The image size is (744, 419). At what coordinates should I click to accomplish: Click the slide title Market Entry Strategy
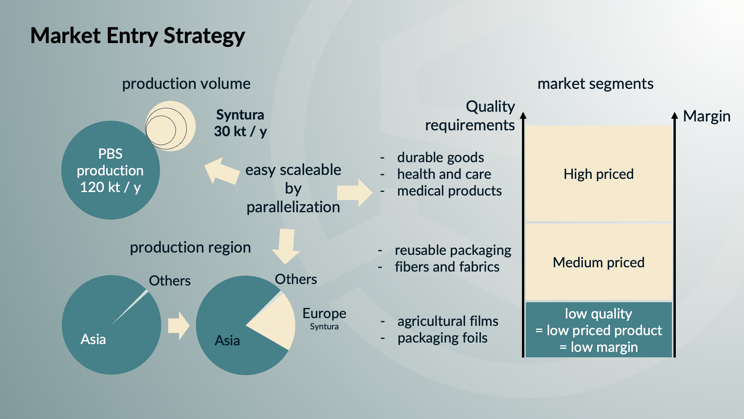(138, 36)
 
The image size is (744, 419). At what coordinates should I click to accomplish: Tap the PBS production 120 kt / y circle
(110, 170)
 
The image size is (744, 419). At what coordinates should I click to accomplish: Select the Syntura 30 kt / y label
(240, 123)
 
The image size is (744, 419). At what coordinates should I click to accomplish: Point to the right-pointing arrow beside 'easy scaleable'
(355, 193)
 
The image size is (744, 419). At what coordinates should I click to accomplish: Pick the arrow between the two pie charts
(179, 326)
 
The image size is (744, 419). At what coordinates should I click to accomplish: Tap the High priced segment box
(598, 173)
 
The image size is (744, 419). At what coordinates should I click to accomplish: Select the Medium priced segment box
(598, 262)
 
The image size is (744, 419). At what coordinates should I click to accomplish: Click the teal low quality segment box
(598, 330)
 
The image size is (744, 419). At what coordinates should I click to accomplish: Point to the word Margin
(706, 116)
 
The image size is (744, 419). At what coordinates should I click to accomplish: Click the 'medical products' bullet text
(449, 191)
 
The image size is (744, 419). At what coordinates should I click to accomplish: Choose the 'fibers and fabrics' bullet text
(447, 267)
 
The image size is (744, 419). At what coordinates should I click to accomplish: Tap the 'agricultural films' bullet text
(448, 321)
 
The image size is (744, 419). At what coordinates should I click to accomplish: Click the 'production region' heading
(190, 248)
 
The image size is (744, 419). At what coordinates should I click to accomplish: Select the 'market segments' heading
(595, 84)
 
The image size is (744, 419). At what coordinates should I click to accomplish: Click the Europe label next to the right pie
(324, 313)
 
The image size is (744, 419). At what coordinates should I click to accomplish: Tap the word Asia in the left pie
(93, 339)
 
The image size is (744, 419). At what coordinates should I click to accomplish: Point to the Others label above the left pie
(170, 280)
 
